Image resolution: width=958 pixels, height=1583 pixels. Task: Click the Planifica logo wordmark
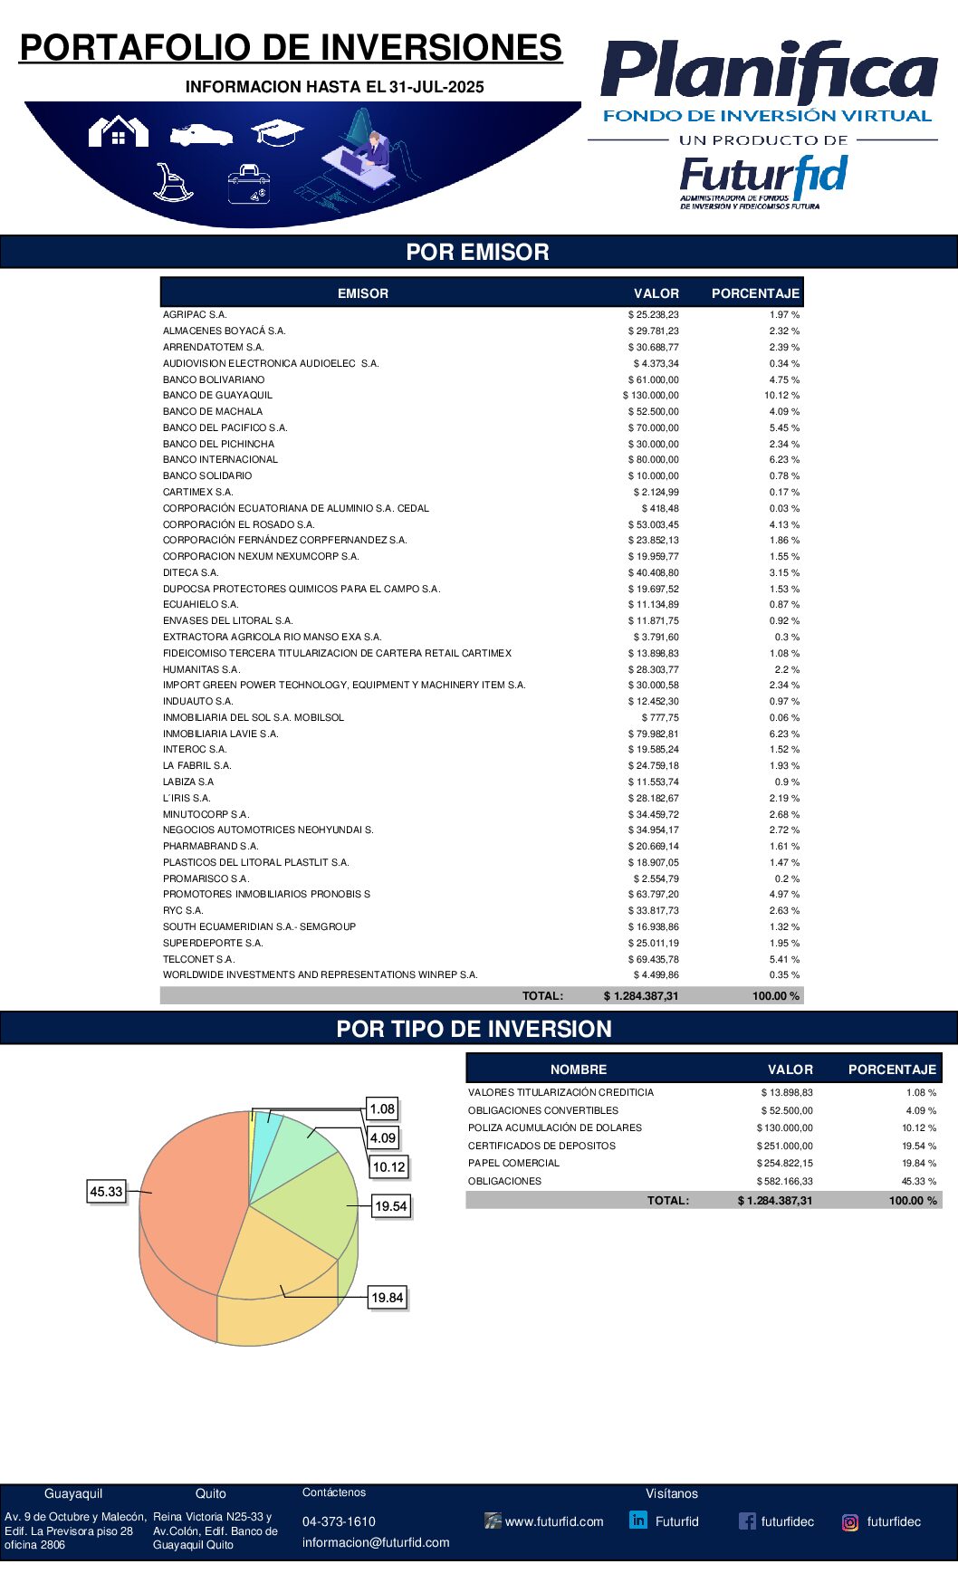[x=769, y=72]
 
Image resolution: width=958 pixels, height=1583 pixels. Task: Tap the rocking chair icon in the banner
[x=172, y=182]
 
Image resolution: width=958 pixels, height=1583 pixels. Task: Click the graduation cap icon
[x=277, y=132]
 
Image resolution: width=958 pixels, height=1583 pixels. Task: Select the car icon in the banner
[x=201, y=135]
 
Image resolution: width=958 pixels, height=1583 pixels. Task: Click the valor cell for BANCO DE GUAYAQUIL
[x=651, y=396]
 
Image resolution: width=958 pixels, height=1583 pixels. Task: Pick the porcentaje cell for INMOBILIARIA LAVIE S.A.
[x=784, y=734]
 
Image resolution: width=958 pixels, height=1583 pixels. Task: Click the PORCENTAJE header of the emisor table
[x=755, y=293]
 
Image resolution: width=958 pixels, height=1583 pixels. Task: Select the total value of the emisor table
[x=641, y=995]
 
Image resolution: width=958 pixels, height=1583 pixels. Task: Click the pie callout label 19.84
[x=388, y=1298]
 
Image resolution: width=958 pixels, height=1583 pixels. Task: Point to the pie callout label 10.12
[x=389, y=1167]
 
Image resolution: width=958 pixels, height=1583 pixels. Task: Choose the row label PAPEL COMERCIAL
[x=513, y=1164]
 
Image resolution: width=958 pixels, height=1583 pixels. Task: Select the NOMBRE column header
[x=579, y=1070]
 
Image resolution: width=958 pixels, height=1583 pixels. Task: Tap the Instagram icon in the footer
[x=850, y=1522]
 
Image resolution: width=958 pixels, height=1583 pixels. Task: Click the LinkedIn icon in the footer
[x=638, y=1521]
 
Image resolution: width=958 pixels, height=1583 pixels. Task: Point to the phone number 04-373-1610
[x=339, y=1521]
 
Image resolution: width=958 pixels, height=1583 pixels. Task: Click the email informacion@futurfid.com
[x=376, y=1542]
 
